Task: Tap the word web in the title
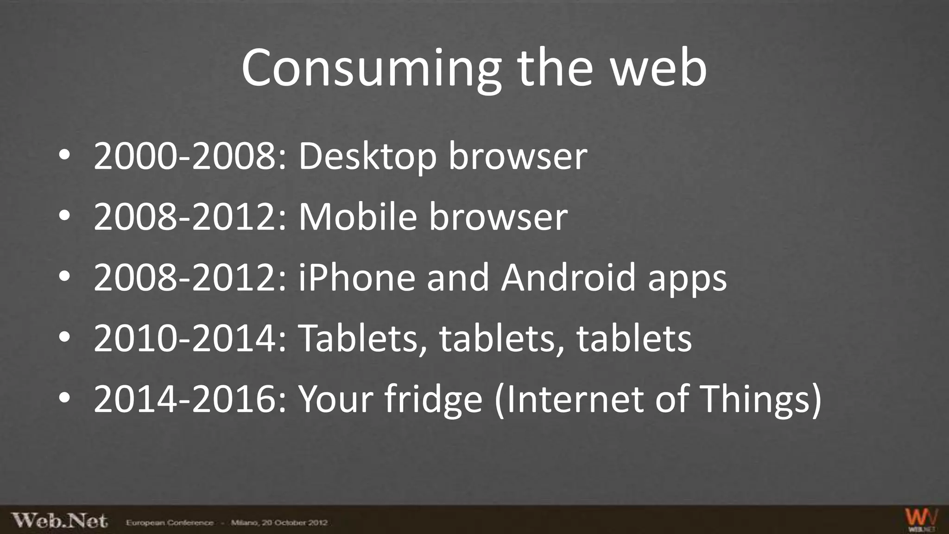(x=658, y=69)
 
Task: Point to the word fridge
(x=434, y=400)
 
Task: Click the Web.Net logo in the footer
(x=59, y=521)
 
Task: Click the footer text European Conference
(x=170, y=523)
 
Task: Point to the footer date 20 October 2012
(x=295, y=523)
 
